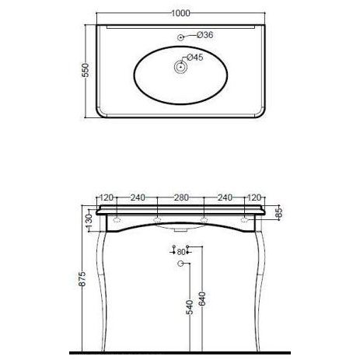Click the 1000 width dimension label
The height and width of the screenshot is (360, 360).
(180, 13)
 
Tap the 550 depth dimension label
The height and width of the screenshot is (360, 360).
(86, 70)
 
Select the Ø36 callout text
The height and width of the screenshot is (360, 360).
(204, 35)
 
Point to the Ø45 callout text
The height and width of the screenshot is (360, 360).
(195, 58)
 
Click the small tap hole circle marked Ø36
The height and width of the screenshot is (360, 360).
(180, 37)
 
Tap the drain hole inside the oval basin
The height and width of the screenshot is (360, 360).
(180, 67)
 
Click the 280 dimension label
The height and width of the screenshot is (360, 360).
(181, 197)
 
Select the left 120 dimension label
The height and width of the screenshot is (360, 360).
(107, 197)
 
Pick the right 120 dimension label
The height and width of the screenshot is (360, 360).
(254, 197)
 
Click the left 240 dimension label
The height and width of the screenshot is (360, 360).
(138, 197)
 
